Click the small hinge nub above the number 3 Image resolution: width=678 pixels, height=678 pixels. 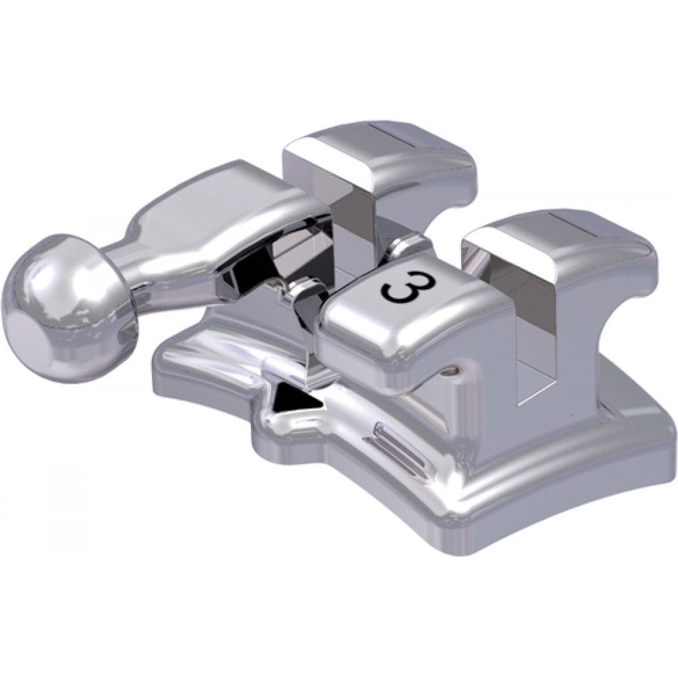[408, 247]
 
